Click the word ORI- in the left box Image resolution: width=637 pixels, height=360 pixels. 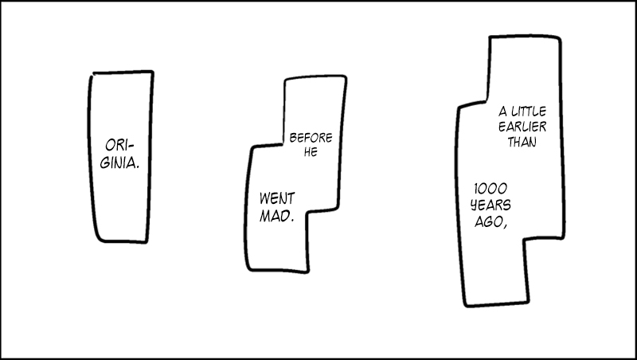[119, 145]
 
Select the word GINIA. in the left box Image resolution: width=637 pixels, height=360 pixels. [119, 163]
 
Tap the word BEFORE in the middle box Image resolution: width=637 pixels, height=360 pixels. [311, 138]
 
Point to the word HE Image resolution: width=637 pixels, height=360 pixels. [311, 152]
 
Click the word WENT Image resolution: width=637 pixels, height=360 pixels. [277, 198]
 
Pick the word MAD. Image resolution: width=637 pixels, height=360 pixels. [276, 216]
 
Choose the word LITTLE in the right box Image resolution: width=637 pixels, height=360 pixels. [529, 111]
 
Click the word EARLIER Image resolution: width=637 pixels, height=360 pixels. [522, 127]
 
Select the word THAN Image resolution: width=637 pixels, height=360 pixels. [522, 142]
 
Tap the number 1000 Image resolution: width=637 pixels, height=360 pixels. [490, 189]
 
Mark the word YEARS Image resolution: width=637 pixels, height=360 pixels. [490, 205]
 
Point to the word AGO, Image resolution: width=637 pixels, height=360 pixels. [490, 221]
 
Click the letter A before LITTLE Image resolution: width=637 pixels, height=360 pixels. [503, 111]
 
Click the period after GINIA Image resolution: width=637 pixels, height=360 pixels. [137, 167]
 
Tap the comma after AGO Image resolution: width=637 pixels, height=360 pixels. [505, 226]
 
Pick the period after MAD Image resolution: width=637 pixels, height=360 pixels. [292, 221]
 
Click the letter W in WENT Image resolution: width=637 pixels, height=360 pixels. [265, 198]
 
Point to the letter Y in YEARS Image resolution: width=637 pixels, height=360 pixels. [475, 205]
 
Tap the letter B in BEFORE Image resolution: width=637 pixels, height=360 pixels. [293, 138]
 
